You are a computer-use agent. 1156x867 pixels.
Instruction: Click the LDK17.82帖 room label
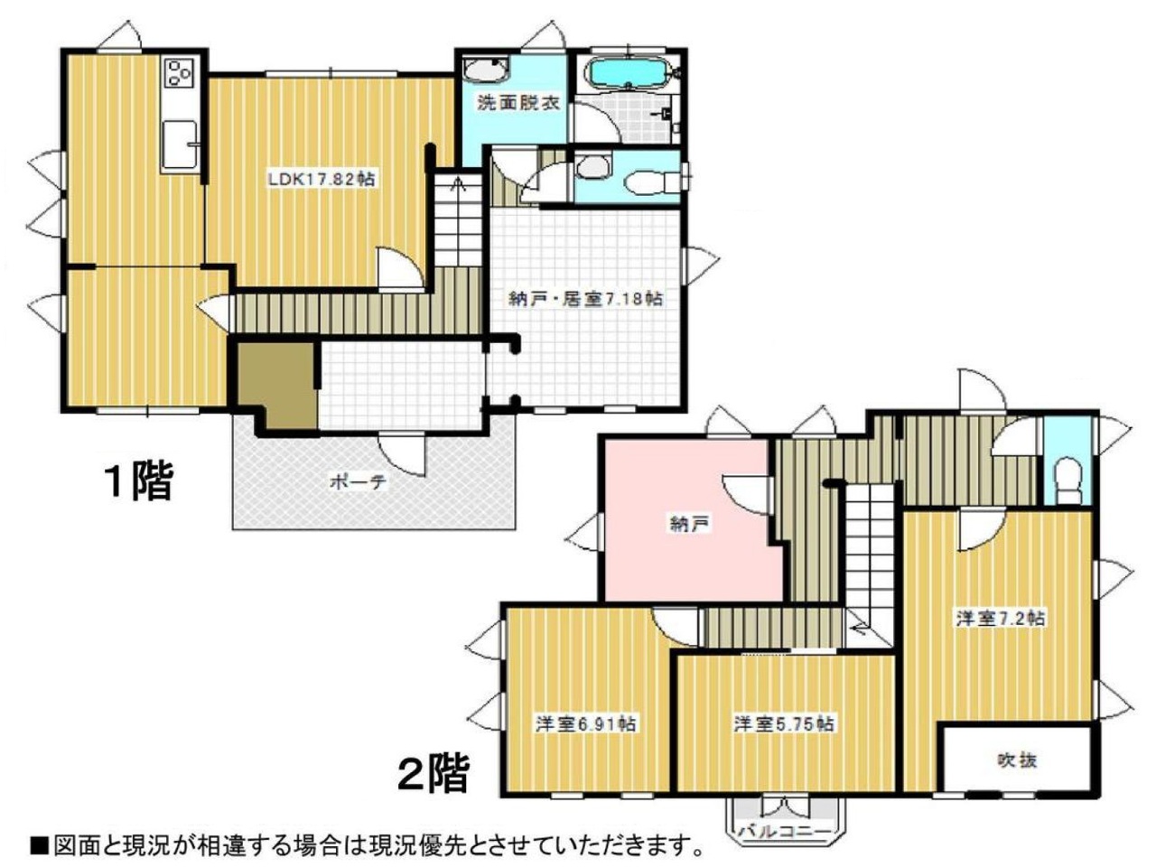[322, 179]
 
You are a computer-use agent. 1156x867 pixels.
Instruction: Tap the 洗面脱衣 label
[517, 102]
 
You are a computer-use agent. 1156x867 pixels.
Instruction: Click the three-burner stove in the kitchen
[180, 72]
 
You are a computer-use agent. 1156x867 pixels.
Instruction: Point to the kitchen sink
[180, 144]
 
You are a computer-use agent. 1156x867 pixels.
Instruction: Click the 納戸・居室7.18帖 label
[584, 299]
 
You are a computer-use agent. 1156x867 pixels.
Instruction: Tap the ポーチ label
[358, 481]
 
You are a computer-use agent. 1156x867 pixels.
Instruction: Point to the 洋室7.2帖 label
[1001, 618]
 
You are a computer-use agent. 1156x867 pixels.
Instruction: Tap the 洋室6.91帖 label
[585, 724]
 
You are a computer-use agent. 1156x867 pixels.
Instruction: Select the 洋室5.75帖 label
[784, 724]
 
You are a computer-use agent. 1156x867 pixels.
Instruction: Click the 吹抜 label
[1017, 761]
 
